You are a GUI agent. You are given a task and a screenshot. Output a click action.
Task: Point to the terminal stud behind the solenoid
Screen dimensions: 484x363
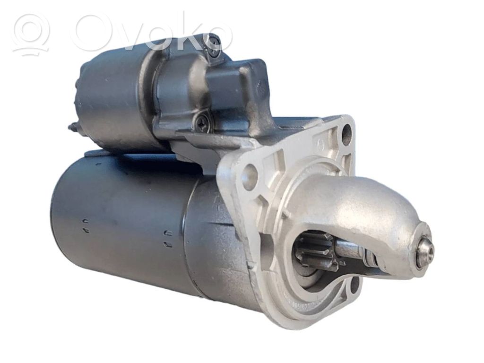[x=73, y=127]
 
